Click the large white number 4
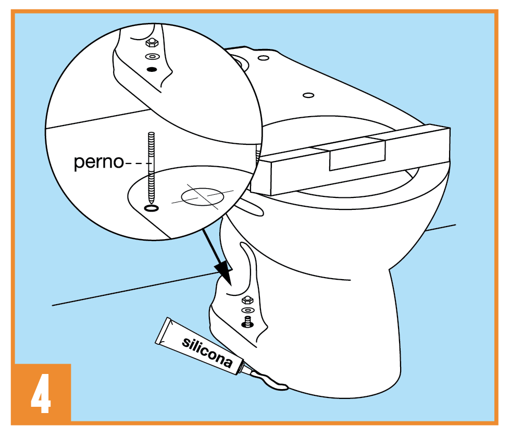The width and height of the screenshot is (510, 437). pyautogui.click(x=41, y=393)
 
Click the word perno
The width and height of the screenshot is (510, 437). pyautogui.click(x=98, y=162)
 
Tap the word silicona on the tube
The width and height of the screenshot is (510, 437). pyautogui.click(x=207, y=352)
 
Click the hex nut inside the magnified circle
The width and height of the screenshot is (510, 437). pyautogui.click(x=152, y=43)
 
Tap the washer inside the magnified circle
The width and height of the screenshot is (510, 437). pyautogui.click(x=152, y=57)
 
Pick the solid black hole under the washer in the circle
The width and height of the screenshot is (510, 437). pyautogui.click(x=152, y=69)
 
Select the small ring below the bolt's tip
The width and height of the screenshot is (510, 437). pyautogui.click(x=151, y=208)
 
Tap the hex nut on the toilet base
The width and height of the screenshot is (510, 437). pyautogui.click(x=247, y=300)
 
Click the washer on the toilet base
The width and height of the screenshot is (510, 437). pyautogui.click(x=248, y=310)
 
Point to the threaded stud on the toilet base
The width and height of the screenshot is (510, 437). pyautogui.click(x=248, y=321)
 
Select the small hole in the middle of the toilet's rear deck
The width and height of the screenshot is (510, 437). pyautogui.click(x=308, y=95)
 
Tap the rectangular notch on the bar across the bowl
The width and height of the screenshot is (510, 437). pyautogui.click(x=357, y=155)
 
